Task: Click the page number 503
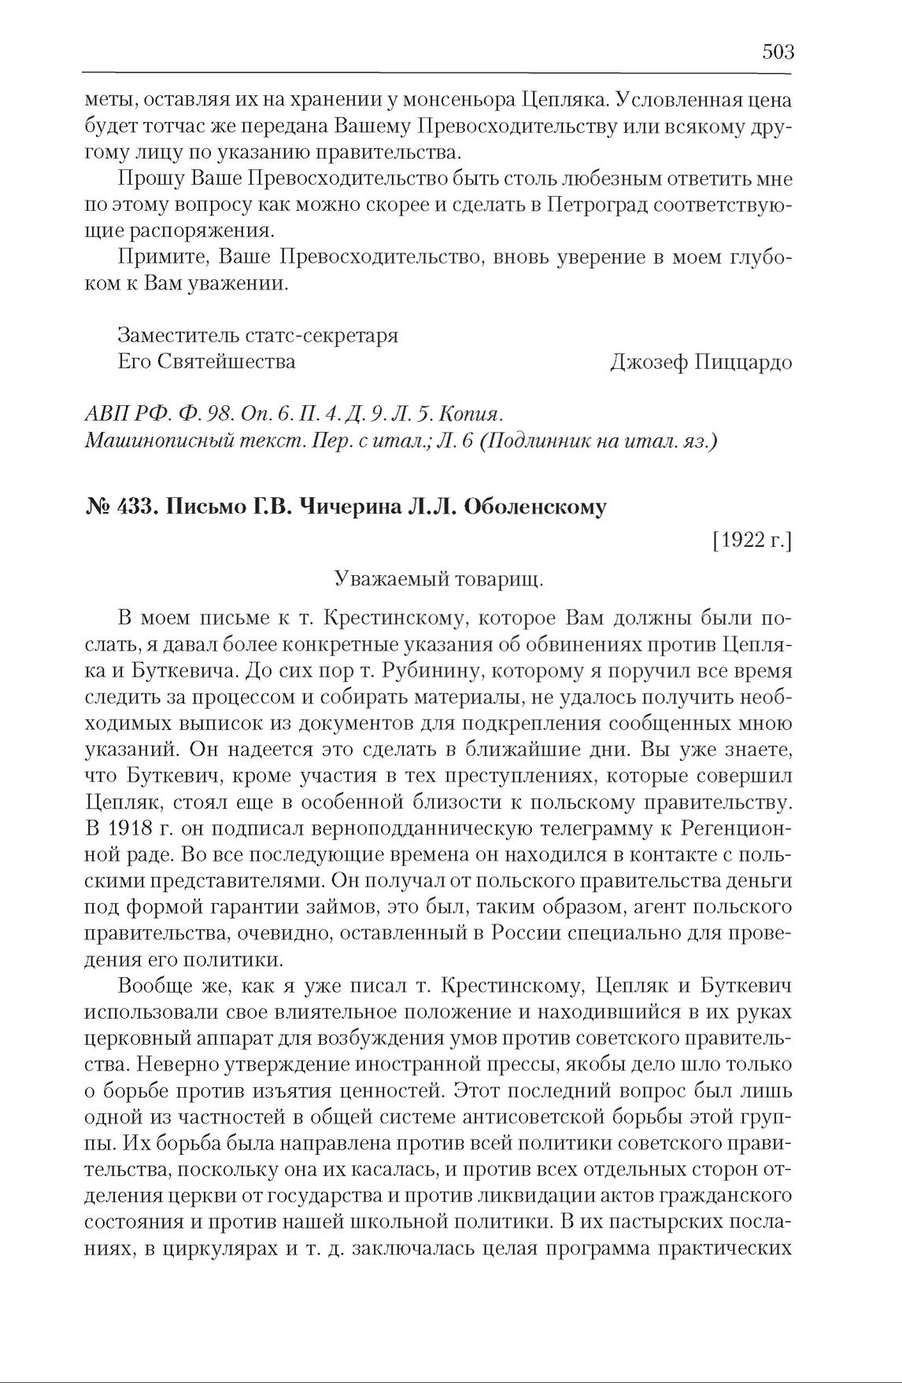(x=778, y=52)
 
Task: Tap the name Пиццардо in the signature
(x=744, y=362)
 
